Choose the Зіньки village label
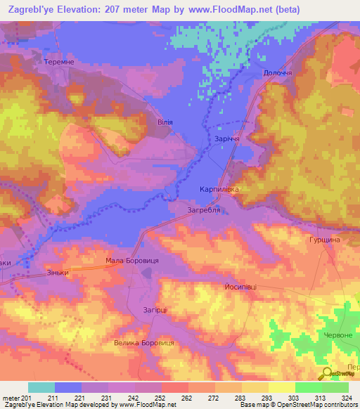58,272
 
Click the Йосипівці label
240,287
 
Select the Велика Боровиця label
143,343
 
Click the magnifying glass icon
328,375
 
